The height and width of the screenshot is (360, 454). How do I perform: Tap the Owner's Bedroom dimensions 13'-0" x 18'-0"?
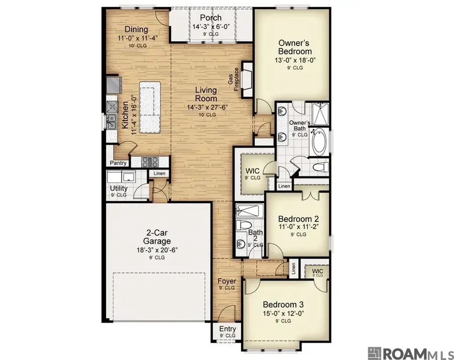pos(295,61)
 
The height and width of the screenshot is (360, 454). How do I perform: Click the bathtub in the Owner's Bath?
pos(320,143)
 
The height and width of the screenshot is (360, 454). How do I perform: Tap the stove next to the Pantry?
pos(150,162)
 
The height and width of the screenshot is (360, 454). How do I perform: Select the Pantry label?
pos(118,163)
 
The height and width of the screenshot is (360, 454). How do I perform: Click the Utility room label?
pos(119,189)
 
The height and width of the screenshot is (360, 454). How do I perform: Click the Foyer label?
pos(226,281)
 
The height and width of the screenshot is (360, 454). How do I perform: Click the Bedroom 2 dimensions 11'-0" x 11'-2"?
pos(299,227)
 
